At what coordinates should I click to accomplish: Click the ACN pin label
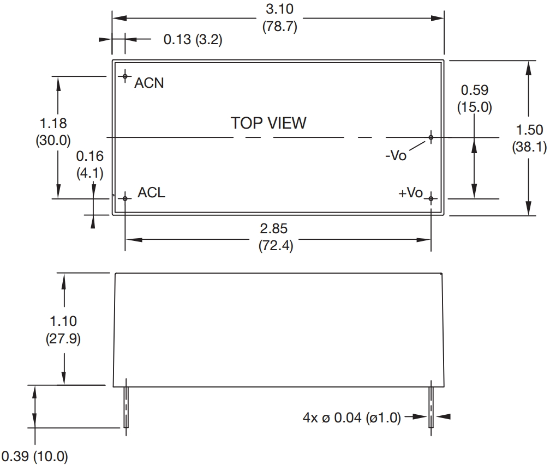(x=149, y=83)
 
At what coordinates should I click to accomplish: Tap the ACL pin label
(x=151, y=193)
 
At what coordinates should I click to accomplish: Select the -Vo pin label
(x=396, y=156)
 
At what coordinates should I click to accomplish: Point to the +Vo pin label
(x=411, y=193)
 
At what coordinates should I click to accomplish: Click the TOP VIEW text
(x=268, y=123)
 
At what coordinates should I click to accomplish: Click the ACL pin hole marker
(x=125, y=198)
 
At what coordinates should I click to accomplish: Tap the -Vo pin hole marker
(x=431, y=137)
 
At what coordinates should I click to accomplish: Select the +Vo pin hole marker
(x=431, y=198)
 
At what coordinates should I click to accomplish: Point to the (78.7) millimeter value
(x=279, y=26)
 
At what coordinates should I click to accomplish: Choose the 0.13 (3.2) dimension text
(x=193, y=40)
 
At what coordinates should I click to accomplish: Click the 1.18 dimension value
(x=53, y=123)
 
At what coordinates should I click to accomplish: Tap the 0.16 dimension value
(x=89, y=156)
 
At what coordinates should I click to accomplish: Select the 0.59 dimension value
(x=474, y=90)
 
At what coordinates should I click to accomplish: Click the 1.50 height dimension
(x=529, y=130)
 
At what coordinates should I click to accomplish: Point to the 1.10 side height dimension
(x=63, y=321)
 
